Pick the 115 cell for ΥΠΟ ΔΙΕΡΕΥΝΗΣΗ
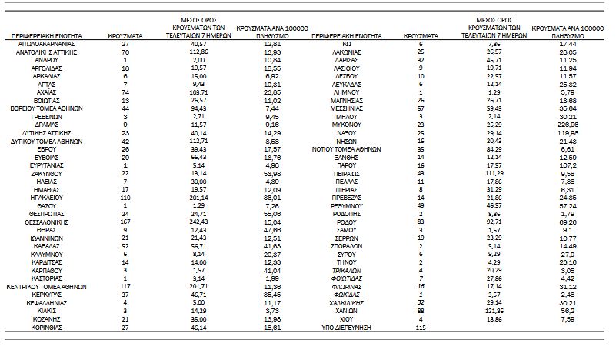tap(421, 328)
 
